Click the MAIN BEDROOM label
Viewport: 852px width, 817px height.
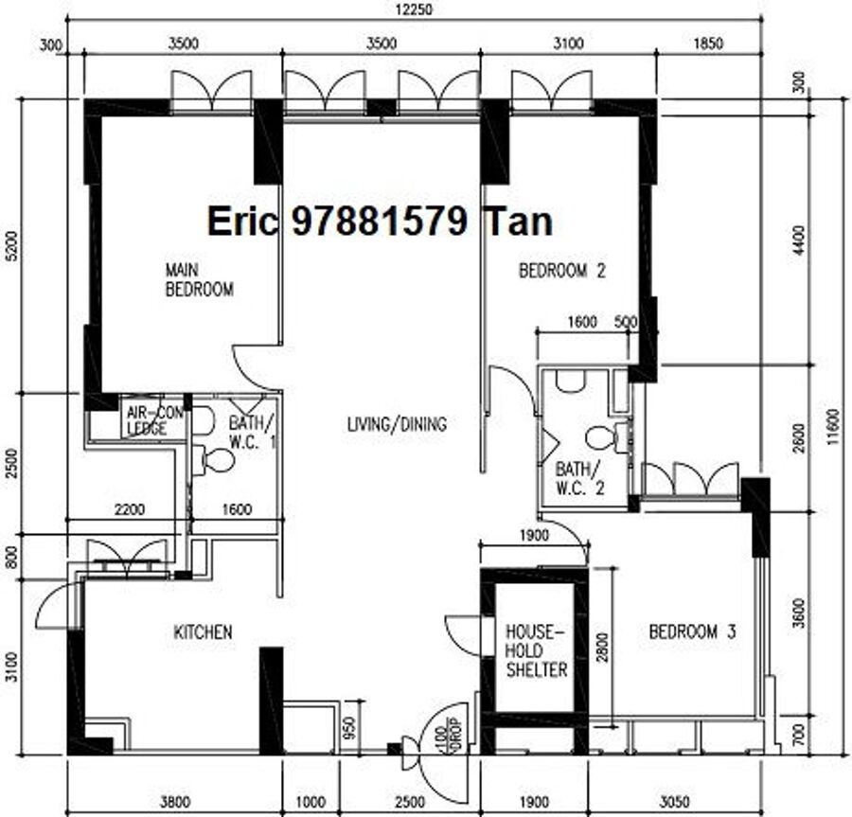[200, 280]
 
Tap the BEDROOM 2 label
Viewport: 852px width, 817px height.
[561, 271]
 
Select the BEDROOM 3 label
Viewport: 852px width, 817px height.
[692, 631]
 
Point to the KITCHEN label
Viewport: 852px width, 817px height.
[203, 632]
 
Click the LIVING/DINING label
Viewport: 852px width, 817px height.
[397, 424]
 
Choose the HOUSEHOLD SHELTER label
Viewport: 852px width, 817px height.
[537, 650]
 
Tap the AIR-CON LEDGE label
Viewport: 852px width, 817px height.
[154, 420]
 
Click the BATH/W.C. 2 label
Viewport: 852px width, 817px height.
[579, 478]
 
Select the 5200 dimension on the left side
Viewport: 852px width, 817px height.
[12, 245]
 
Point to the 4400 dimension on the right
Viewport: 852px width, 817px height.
[798, 240]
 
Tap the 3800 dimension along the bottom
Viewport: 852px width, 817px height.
[175, 801]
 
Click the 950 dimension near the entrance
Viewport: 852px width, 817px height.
[349, 728]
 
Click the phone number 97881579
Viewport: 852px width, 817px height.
[380, 222]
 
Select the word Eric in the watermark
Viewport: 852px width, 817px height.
[242, 222]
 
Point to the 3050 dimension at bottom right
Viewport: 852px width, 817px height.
[674, 801]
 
